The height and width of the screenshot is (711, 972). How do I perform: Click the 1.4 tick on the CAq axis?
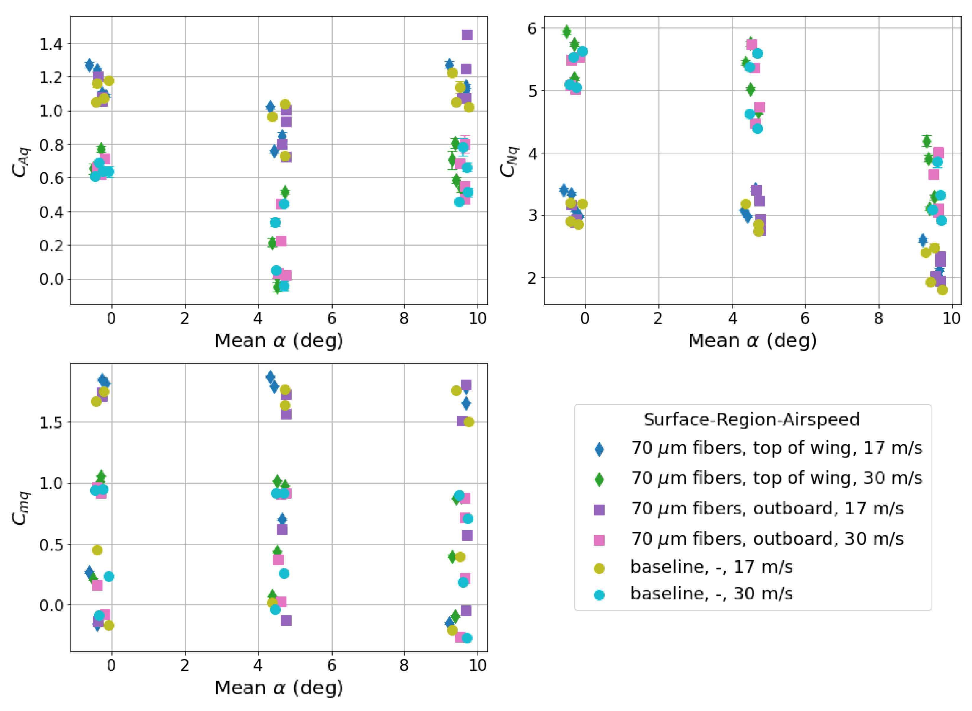(x=51, y=44)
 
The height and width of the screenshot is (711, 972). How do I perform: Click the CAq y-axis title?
(x=21, y=161)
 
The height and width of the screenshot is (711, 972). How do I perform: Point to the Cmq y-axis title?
(x=21, y=508)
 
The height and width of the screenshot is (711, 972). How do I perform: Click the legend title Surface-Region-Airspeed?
(x=751, y=419)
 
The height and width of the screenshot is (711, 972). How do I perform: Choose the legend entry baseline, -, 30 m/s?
(x=711, y=594)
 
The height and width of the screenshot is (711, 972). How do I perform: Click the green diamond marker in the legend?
(x=599, y=479)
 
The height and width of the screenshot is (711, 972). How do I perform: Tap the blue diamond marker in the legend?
(x=599, y=449)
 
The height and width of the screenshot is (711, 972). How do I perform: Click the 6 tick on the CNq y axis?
(x=532, y=28)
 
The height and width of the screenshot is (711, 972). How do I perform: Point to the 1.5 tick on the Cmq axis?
(x=51, y=422)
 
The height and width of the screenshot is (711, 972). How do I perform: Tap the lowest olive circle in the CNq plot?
(x=942, y=290)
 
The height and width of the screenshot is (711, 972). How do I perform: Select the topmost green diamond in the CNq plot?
(x=567, y=31)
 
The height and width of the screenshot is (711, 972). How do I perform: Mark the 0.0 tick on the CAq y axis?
(x=51, y=279)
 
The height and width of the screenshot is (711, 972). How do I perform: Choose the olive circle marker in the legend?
(x=599, y=568)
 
